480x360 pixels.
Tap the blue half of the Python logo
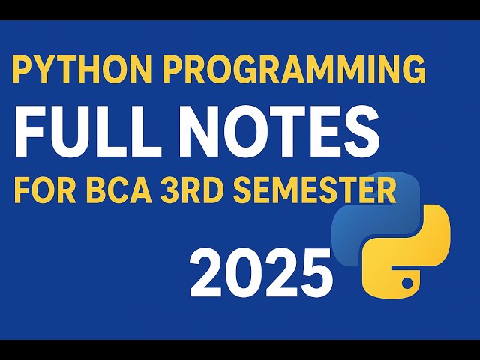tap(367, 225)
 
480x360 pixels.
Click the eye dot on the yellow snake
tap(406, 283)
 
